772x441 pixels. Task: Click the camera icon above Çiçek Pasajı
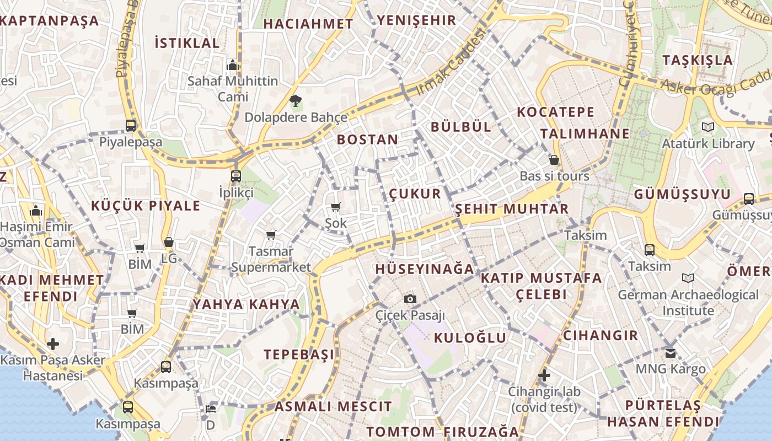click(410, 299)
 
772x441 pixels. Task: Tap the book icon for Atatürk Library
click(708, 127)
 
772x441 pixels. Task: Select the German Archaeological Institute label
click(688, 303)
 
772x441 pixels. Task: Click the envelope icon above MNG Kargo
click(671, 353)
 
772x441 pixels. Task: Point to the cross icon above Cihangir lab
click(544, 375)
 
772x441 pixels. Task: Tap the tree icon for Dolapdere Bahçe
click(296, 101)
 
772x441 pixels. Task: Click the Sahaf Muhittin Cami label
click(233, 89)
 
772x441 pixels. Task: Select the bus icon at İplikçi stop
click(236, 176)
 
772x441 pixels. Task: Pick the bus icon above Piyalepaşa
click(131, 126)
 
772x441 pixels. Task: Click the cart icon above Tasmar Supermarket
click(271, 235)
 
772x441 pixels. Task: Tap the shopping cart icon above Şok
click(335, 207)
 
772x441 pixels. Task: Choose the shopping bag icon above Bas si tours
click(554, 160)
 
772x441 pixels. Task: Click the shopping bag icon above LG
click(169, 242)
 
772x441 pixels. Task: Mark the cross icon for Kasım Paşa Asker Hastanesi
click(53, 344)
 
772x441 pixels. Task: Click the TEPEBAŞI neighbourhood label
click(299, 354)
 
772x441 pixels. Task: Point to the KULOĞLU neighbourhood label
click(470, 338)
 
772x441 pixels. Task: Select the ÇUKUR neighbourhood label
click(415, 193)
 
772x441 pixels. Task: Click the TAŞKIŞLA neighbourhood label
click(698, 60)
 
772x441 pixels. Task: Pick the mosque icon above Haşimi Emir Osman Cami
click(36, 211)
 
